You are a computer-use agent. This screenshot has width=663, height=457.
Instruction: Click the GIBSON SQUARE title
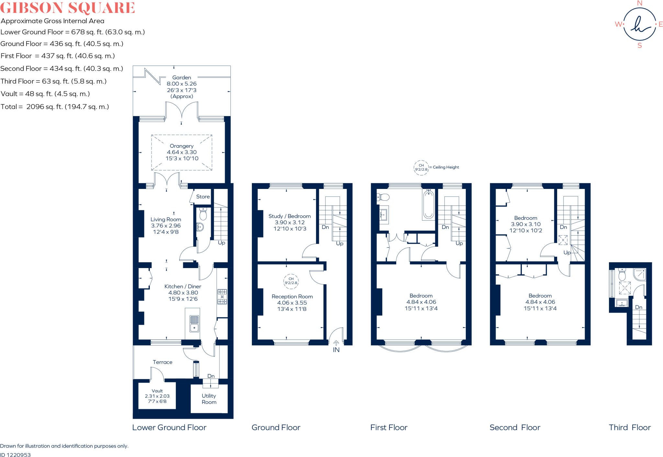[67, 8]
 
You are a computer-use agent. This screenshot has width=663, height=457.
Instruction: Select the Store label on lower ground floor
[203, 197]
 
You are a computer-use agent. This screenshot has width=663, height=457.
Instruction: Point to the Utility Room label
[209, 399]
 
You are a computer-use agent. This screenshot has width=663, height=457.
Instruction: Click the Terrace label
[163, 362]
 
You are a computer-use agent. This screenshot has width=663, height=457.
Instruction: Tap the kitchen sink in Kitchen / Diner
[194, 323]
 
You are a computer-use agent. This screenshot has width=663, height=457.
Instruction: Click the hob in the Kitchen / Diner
[222, 297]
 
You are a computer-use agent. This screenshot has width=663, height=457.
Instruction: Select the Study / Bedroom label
[289, 216]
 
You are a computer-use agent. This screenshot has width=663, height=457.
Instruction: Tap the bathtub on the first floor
[428, 205]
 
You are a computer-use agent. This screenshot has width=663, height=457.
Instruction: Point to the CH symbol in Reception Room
[291, 281]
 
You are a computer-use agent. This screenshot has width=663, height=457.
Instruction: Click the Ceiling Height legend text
[446, 167]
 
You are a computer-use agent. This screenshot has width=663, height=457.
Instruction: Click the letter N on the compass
[639, 3]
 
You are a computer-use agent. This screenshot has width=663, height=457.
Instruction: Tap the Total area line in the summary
[55, 107]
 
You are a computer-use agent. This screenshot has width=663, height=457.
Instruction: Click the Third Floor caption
[629, 428]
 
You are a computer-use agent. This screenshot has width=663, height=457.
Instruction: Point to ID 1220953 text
[16, 455]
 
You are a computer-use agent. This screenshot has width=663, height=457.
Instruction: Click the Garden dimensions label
[182, 87]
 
